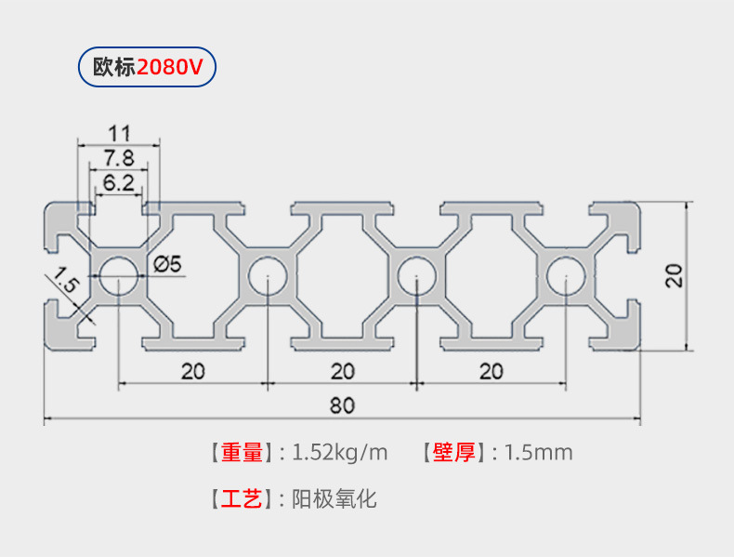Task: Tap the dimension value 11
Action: [118, 132]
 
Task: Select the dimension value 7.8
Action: [118, 157]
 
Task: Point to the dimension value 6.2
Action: [118, 182]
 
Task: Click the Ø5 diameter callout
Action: [168, 265]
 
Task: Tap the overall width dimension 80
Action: [342, 405]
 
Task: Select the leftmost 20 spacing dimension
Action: [192, 371]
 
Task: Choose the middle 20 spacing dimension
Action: [342, 371]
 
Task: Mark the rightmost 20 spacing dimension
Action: [491, 371]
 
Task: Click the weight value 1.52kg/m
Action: [339, 453]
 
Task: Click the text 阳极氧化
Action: [334, 499]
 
